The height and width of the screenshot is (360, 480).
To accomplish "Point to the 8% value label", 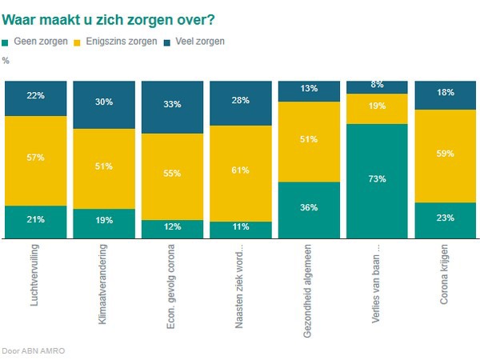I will (x=376, y=84).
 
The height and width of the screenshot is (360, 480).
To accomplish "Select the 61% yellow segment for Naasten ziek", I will (x=239, y=170).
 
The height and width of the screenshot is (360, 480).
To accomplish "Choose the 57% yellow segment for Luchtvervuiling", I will (x=34, y=158).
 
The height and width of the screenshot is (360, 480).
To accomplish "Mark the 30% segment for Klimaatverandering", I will (x=102, y=102).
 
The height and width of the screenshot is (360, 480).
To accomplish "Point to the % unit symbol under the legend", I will (x=6, y=60).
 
